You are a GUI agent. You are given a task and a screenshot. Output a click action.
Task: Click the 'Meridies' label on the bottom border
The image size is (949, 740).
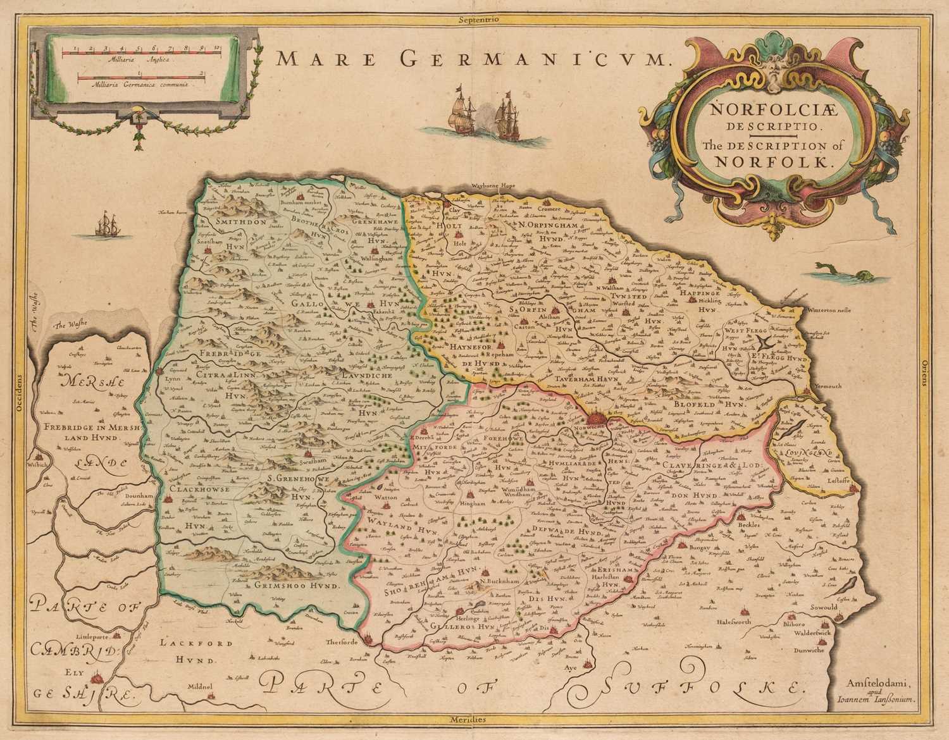coord(476,720)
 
